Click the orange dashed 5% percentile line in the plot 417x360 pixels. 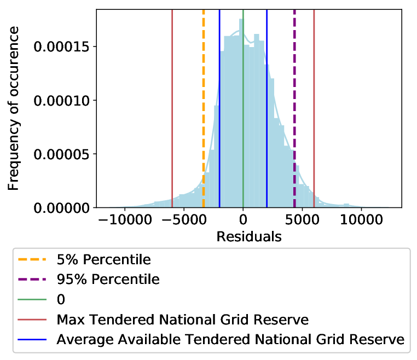pos(204,108)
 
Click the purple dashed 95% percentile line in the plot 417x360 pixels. pos(294,108)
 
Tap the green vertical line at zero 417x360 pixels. pos(243,108)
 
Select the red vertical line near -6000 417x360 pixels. pos(172,108)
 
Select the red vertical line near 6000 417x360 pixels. pos(314,108)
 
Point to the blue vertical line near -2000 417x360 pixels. pos(219,108)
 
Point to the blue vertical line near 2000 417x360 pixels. pos(267,108)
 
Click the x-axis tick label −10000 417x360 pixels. pos(125,220)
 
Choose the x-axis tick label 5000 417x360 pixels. pos(302,220)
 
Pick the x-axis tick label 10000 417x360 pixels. pos(361,220)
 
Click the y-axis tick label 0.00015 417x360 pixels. pos(61,47)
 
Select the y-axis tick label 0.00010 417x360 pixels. pos(61,101)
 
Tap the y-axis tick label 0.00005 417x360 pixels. pos(61,154)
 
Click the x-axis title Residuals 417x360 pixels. pos(249,237)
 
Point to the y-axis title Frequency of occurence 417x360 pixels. pos(13,108)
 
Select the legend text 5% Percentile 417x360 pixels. pos(104,259)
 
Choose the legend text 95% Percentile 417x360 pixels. pos(108,280)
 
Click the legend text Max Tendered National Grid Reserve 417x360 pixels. pos(183,320)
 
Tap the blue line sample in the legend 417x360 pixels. pos(32,340)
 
